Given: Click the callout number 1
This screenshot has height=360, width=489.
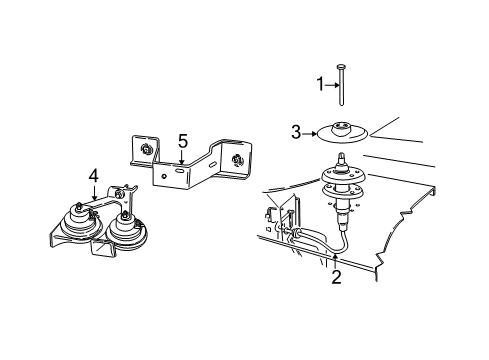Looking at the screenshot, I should click(x=322, y=84).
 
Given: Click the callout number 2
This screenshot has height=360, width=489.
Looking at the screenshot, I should click(x=336, y=277).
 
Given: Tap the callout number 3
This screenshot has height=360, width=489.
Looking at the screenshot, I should click(x=296, y=131).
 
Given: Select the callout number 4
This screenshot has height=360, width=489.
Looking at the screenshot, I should click(x=93, y=176).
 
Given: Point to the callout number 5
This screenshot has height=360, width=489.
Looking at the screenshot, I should click(x=182, y=141).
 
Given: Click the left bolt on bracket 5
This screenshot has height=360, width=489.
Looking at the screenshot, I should click(x=147, y=150).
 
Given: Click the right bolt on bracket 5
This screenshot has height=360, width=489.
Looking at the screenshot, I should click(x=236, y=160).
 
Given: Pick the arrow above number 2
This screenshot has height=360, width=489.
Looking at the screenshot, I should click(x=336, y=260).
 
